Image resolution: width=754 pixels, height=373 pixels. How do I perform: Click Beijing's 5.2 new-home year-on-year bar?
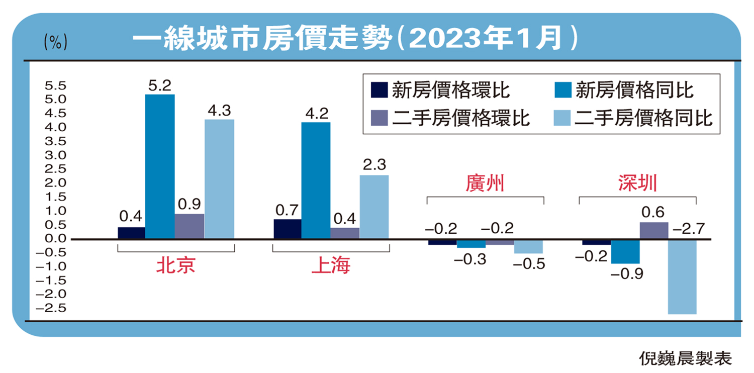click(x=160, y=166)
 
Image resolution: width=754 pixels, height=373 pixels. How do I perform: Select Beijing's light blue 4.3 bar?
click(x=219, y=179)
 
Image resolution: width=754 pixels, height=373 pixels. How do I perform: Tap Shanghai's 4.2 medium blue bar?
click(x=316, y=180)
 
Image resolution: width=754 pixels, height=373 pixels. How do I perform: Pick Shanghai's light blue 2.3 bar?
click(x=373, y=207)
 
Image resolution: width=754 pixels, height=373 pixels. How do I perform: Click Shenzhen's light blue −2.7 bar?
click(x=682, y=276)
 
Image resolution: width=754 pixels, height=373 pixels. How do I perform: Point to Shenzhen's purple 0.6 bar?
click(x=653, y=231)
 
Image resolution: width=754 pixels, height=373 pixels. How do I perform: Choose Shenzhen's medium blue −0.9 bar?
click(x=625, y=251)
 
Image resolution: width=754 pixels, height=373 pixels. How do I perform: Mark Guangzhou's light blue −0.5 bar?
click(x=528, y=246)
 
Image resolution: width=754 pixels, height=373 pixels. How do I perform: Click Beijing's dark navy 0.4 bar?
click(x=131, y=233)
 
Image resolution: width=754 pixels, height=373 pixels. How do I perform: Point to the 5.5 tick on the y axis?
click(x=55, y=85)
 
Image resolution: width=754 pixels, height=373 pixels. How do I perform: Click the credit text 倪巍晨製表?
click(x=685, y=358)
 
